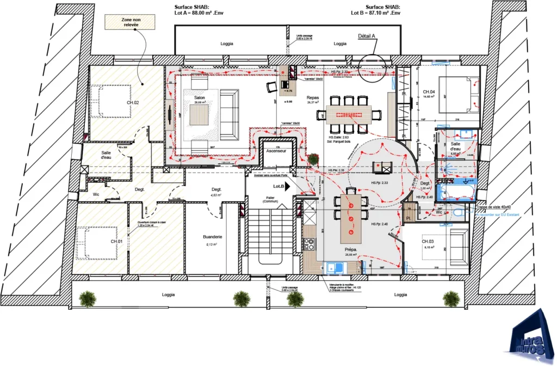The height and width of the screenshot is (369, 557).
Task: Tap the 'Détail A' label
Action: tap(367, 36)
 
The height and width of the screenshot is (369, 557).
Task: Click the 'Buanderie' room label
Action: tap(212, 237)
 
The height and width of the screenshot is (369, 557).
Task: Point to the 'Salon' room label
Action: tap(199, 98)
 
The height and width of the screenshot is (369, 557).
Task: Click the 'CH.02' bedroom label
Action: tap(117, 102)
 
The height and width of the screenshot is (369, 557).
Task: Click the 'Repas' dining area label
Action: tap(312, 98)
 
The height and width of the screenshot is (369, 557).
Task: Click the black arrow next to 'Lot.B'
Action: tap(288, 186)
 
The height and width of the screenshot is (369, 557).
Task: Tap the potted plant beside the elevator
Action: tap(313, 159)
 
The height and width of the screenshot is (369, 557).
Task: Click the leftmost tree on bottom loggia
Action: tap(87, 298)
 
